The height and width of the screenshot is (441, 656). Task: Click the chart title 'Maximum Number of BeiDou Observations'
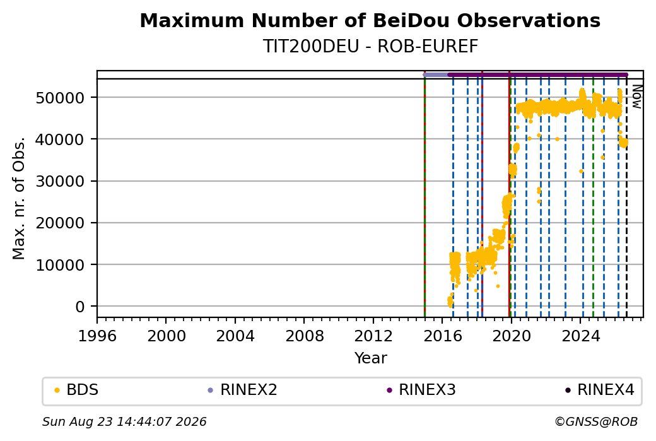click(370, 20)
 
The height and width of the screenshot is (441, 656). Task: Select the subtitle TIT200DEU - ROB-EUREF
click(370, 47)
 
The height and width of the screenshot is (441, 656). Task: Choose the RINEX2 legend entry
click(243, 390)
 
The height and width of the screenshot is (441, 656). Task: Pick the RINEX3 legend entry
click(421, 390)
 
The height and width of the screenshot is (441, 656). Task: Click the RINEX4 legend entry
click(600, 390)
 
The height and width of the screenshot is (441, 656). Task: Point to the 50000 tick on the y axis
click(61, 98)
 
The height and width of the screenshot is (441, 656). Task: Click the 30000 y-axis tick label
click(61, 181)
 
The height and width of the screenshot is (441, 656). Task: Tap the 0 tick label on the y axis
click(80, 307)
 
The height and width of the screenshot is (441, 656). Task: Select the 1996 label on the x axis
click(97, 336)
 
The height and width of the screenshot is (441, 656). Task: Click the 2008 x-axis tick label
click(305, 336)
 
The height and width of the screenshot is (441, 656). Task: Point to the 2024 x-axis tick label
click(580, 336)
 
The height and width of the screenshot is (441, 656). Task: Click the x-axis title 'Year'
click(371, 358)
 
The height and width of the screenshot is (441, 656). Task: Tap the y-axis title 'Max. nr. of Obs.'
click(18, 198)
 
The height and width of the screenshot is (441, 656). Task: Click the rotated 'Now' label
click(636, 97)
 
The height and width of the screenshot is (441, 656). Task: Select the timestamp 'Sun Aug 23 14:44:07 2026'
click(124, 421)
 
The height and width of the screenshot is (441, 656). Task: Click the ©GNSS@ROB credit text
click(596, 421)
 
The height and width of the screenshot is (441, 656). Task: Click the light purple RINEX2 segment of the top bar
click(436, 75)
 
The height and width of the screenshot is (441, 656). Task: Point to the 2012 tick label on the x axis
click(373, 336)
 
